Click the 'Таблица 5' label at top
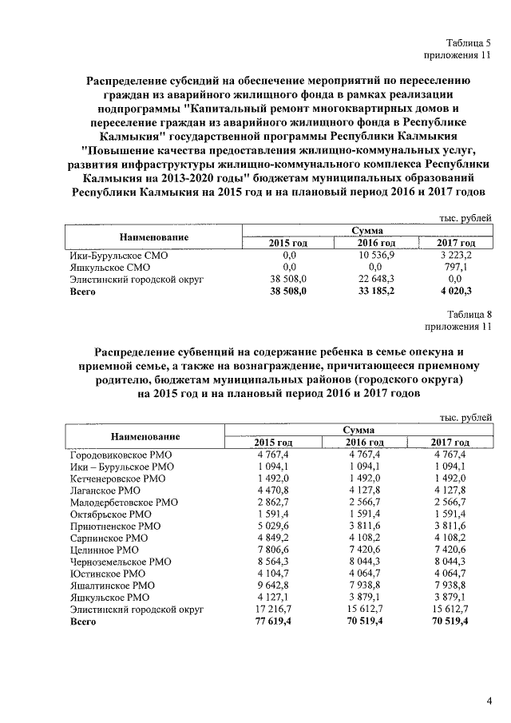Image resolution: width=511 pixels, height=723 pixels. (469, 42)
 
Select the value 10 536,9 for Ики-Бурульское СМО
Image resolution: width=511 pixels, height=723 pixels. (376, 255)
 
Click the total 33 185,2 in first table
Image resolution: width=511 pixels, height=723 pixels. (376, 292)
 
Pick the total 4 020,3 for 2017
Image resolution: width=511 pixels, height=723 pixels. (458, 292)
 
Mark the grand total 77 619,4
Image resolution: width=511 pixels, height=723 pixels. (273, 621)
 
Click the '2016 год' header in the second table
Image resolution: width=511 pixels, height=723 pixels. (365, 443)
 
